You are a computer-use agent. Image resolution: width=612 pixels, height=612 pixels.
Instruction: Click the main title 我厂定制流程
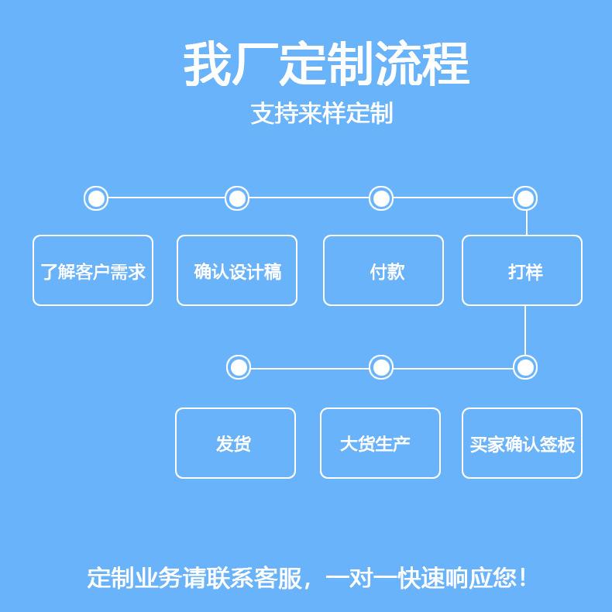coord(326,65)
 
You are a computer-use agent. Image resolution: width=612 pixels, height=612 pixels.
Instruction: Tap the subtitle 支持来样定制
coord(322,113)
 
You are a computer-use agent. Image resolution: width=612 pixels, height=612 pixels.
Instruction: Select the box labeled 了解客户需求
coord(93,270)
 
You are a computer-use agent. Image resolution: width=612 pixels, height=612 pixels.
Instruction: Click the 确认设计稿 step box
coord(237,270)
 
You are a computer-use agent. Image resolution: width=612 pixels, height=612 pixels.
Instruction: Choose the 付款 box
coord(383,270)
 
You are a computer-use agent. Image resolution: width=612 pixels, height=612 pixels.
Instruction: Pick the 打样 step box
coord(522,270)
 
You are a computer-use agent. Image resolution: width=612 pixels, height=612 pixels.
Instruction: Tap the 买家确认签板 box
coord(522,443)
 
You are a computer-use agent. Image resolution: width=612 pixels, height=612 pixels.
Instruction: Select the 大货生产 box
coord(380,443)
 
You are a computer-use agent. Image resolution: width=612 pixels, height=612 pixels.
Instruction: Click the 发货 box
coord(236,443)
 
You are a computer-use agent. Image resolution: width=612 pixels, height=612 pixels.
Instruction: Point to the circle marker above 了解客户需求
coord(96,198)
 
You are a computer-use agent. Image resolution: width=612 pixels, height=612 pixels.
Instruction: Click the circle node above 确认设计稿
coord(237,198)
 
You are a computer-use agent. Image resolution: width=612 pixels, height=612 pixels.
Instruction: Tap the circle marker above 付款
coord(380,198)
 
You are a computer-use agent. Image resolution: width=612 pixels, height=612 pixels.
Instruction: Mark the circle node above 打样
coord(525,198)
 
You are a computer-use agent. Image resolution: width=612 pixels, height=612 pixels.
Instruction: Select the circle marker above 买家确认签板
coord(525,366)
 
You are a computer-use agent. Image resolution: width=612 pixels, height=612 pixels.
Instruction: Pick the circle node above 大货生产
coord(380,366)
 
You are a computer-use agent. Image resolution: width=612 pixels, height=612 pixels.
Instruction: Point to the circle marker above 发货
coord(239,366)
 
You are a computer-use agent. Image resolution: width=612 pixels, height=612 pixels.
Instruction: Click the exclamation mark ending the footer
coord(524,578)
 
